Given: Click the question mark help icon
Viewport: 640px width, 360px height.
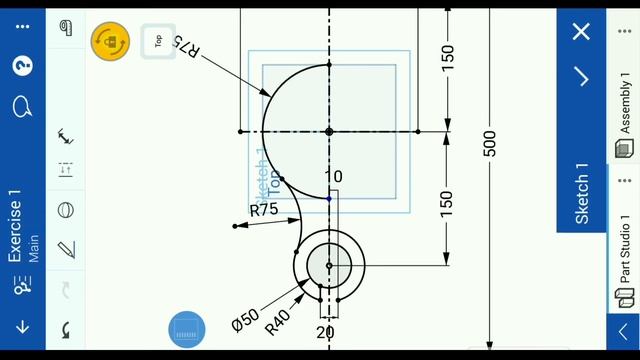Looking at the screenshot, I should tap(22, 66).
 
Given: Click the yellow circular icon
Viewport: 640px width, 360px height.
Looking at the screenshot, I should tap(110, 41).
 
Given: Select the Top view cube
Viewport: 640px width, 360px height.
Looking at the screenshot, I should tap(158, 41).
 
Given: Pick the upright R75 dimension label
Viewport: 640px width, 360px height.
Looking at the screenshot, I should tap(264, 210).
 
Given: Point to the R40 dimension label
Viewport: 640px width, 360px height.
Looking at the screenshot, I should tap(278, 321).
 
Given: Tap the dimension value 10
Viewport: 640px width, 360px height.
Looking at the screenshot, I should tap(333, 177).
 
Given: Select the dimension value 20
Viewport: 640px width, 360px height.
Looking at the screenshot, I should tap(326, 332).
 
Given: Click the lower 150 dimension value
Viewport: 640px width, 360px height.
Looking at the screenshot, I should tap(447, 203).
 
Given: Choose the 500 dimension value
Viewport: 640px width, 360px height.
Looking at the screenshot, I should tap(489, 143).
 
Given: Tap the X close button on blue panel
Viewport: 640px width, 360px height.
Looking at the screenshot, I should tap(581, 31).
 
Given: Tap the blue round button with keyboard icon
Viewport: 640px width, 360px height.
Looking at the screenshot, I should tap(187, 330).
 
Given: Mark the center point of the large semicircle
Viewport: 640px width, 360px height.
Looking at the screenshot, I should tap(329, 131).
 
